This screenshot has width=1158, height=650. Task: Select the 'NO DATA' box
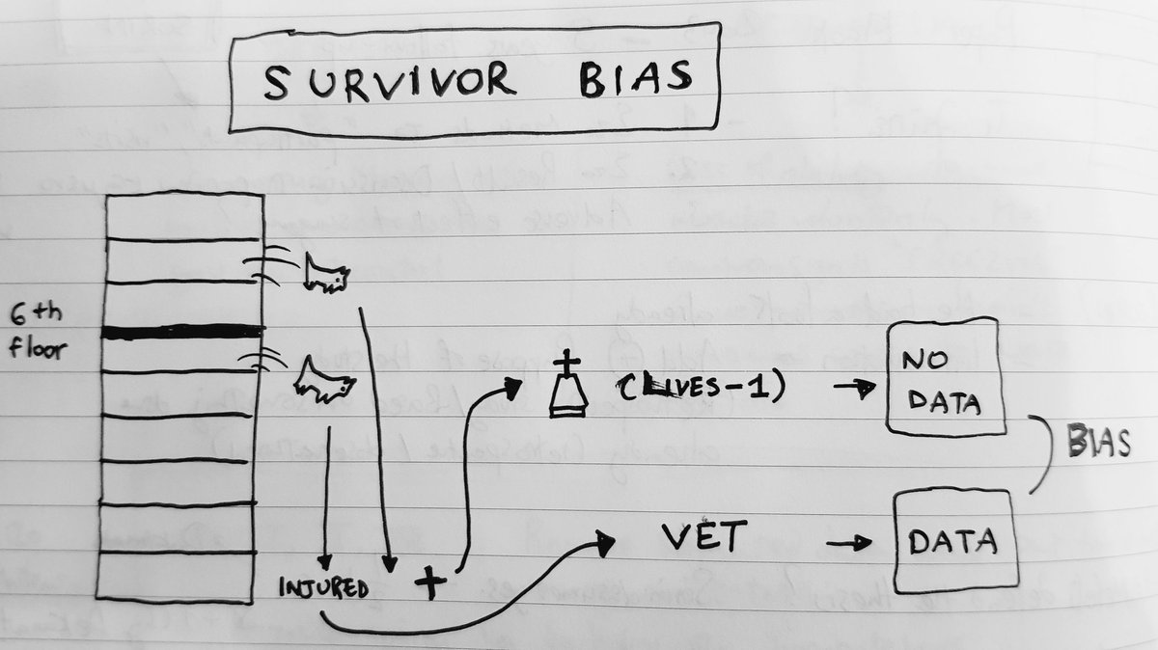click(945, 382)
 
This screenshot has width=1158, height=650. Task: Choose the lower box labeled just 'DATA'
click(954, 541)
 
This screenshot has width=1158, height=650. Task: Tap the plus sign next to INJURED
click(429, 582)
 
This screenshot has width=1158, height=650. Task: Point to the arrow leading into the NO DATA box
click(855, 387)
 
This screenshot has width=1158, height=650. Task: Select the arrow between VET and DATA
click(848, 544)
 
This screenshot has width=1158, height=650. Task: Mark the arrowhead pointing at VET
click(604, 544)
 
